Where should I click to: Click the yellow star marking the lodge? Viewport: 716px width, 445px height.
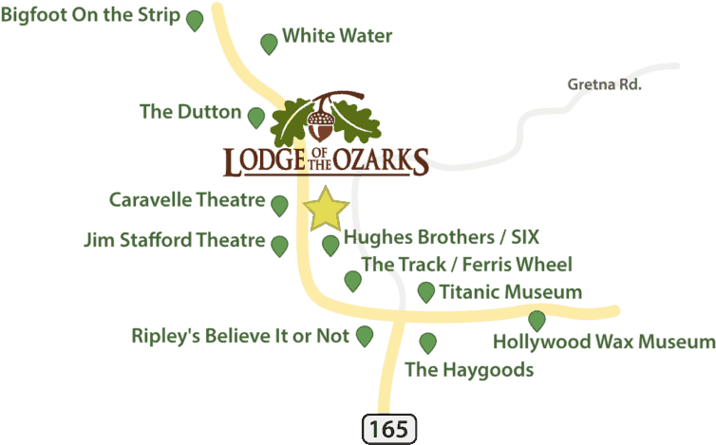coord(326,209)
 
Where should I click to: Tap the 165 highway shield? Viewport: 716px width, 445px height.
coord(389,429)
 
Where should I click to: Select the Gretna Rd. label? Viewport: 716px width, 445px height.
coord(604,84)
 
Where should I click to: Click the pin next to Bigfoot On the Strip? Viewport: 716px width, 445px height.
coord(195,21)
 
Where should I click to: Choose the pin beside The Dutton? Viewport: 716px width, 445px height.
coord(256,118)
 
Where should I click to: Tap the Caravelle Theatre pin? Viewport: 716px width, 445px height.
coord(279,206)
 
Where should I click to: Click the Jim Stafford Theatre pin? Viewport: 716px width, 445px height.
coord(279,246)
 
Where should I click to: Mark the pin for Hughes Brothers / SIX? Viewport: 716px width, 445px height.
coord(330,246)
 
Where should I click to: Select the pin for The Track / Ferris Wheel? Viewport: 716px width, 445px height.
coord(352,281)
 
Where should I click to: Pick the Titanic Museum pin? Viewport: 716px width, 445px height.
coord(426,292)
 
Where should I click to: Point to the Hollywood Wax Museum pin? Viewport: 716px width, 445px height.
coord(537,321)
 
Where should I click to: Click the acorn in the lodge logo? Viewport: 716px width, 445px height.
coord(321,123)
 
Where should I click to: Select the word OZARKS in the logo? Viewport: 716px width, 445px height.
coord(381,160)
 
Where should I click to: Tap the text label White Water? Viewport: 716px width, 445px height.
coord(337,36)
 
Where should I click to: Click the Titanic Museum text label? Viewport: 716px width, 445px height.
coord(511,291)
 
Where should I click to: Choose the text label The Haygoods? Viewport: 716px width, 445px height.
coord(469,370)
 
